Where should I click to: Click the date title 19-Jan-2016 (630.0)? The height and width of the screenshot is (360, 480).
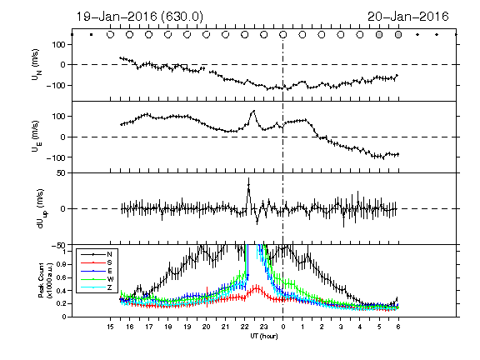[x=139, y=17]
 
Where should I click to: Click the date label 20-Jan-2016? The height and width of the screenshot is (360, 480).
[x=408, y=17]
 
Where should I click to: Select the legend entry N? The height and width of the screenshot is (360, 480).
[x=97, y=254]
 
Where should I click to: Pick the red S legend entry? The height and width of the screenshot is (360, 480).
[x=97, y=262]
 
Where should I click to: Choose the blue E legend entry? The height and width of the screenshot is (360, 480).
[x=97, y=271]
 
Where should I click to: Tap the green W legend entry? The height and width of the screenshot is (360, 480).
[x=97, y=279]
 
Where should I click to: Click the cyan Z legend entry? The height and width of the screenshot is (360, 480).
[x=97, y=287]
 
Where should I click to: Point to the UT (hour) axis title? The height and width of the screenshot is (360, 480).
[x=264, y=336]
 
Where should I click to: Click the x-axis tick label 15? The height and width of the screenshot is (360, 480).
[x=111, y=327]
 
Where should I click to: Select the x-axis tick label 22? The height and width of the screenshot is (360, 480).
[x=245, y=327]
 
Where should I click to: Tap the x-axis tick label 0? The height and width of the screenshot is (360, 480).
[x=283, y=327]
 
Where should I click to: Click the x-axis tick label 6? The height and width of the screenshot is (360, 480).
[x=398, y=327]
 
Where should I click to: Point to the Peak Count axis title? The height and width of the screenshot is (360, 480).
[x=44, y=281]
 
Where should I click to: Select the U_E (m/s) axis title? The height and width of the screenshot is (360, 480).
[x=37, y=137]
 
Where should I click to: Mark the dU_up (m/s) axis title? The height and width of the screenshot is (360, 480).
[x=42, y=209]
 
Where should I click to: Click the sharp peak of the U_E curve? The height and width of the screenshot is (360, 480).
[x=253, y=111]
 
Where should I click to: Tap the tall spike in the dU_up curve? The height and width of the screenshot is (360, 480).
[x=248, y=184]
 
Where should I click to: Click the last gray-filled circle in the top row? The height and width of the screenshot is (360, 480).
[x=398, y=35]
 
